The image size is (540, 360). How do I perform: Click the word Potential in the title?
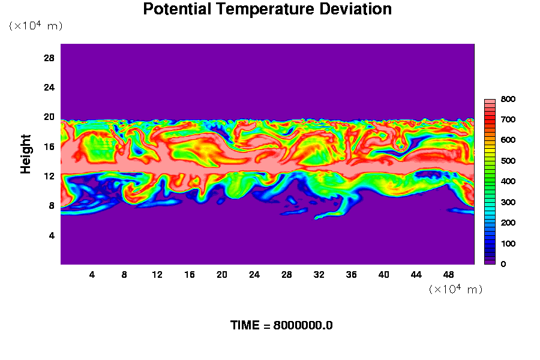coord(177,9)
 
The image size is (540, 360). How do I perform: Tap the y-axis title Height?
coord(25,154)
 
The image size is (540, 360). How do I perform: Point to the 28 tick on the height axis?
coord(49,58)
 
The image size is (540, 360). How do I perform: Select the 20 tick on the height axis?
coord(49,117)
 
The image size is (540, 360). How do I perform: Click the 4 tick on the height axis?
coord(52,236)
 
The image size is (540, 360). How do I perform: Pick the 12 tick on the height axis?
coord(49,176)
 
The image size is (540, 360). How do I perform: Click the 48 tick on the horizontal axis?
coord(448,275)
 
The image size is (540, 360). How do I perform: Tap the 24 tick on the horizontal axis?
coord(254,275)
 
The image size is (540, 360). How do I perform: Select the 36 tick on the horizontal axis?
coord(351,275)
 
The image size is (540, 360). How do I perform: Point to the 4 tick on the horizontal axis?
coord(92,275)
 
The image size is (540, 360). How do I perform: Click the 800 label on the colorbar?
coord(508,99)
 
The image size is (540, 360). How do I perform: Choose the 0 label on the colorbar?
coord(503,264)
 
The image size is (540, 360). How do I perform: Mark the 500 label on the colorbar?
coord(508,161)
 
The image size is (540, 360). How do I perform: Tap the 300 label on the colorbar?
coord(508,202)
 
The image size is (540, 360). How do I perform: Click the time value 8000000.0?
coord(303,326)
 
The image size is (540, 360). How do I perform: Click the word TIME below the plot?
coord(245,326)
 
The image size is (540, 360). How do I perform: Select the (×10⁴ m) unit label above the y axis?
coord(35,25)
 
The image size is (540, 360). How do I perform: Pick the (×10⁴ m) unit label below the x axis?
coord(455,289)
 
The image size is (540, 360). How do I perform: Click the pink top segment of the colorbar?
coord(490,101)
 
